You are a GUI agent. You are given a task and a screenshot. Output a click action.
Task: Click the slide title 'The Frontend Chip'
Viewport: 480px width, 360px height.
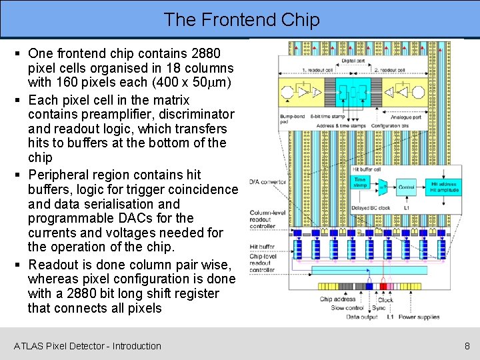(x=241, y=19)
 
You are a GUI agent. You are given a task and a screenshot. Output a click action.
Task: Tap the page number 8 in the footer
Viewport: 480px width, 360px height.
(x=467, y=346)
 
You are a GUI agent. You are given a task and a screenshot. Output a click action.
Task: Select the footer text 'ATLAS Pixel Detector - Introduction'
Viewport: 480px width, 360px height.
(x=87, y=346)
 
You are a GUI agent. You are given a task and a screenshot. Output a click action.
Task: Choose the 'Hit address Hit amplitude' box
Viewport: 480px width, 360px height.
(x=443, y=187)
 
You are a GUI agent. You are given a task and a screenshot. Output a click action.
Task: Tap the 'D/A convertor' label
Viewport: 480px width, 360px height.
(x=267, y=182)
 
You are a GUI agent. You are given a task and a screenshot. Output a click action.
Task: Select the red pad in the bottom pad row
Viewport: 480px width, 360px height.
(x=383, y=286)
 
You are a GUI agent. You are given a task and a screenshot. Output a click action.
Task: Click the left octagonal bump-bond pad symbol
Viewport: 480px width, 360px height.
(x=272, y=91)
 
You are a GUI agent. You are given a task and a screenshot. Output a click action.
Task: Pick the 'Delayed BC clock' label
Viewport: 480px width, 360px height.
(x=371, y=208)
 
